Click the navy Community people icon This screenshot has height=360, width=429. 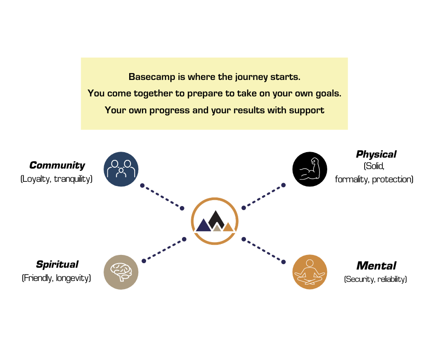point(121,169)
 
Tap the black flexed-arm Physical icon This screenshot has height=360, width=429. point(310,169)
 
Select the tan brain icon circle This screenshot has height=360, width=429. point(121,272)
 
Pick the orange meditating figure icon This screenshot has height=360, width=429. point(310,272)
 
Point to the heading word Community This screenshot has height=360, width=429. point(57,165)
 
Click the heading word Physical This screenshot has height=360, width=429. point(376,154)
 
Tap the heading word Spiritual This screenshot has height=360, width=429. point(57,265)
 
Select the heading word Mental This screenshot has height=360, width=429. point(376,266)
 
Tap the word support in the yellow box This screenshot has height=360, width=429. point(307,111)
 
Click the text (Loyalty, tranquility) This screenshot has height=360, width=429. point(56,179)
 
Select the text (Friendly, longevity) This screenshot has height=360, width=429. point(56,278)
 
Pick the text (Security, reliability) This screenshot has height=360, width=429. point(375,279)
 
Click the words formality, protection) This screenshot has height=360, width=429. point(374,180)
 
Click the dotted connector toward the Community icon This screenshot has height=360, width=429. point(162,197)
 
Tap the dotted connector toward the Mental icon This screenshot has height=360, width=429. point(263,251)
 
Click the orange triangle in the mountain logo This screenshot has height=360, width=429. point(228,228)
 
